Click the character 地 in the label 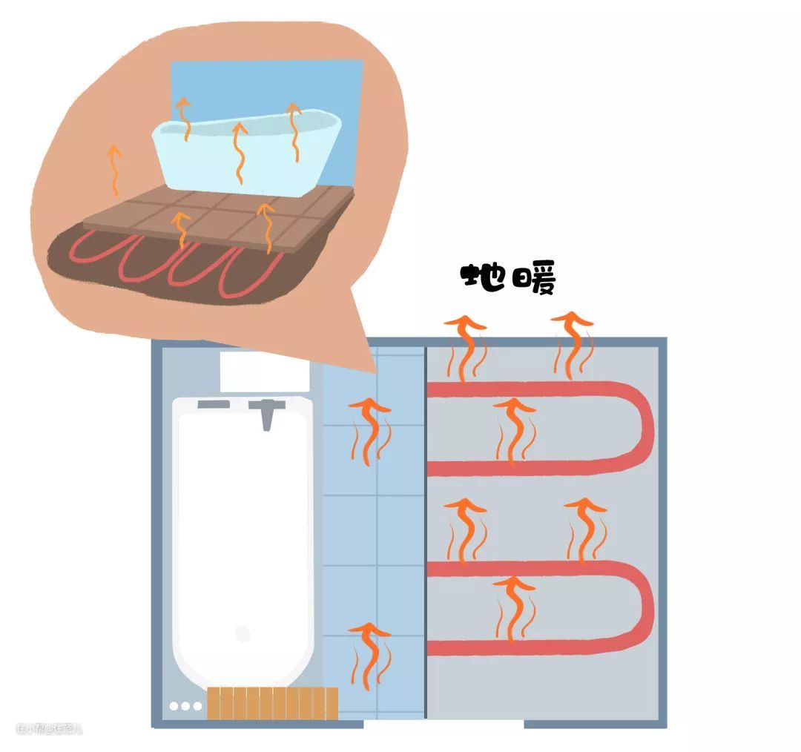[x=483, y=277]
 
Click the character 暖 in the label [x=533, y=277]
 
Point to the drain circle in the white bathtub [x=243, y=633]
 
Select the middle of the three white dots [x=185, y=706]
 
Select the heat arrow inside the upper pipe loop [x=514, y=430]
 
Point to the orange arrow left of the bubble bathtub [x=113, y=171]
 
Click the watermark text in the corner [x=49, y=729]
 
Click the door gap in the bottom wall [x=444, y=724]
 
